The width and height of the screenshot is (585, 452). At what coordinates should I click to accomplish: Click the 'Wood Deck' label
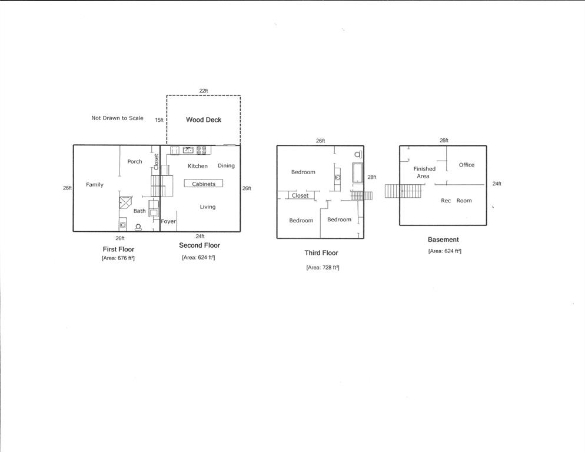pos(204,119)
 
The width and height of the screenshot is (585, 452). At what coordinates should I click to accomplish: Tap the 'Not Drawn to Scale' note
pos(117,118)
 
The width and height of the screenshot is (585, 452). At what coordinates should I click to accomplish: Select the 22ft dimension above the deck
pos(204,91)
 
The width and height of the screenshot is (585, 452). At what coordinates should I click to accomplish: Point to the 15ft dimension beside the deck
pos(159,120)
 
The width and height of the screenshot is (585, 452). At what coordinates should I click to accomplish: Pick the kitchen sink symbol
pos(188,150)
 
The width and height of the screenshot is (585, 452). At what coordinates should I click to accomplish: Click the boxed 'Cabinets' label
pos(204,184)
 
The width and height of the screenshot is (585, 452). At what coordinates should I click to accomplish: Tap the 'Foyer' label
pos(168,221)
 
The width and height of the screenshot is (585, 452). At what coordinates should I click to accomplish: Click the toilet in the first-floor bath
pos(138,227)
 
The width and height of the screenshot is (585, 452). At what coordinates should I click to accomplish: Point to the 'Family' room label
pos(95,184)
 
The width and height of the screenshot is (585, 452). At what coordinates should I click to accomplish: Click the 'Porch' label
pos(135,161)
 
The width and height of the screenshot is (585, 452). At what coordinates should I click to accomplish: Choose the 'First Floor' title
pos(118,249)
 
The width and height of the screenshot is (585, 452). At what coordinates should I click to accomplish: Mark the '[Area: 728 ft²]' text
pos(323,267)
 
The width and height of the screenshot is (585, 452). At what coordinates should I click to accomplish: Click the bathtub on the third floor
pos(357,173)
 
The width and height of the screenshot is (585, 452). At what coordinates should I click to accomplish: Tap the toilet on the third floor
pos(358,154)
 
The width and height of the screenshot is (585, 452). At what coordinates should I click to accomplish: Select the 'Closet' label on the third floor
pos(300,195)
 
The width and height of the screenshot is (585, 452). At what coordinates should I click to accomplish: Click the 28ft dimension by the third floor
pos(371,177)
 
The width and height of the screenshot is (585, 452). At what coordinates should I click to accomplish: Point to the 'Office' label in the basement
pos(467,165)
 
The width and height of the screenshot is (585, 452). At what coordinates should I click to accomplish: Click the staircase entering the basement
pos(404,191)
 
